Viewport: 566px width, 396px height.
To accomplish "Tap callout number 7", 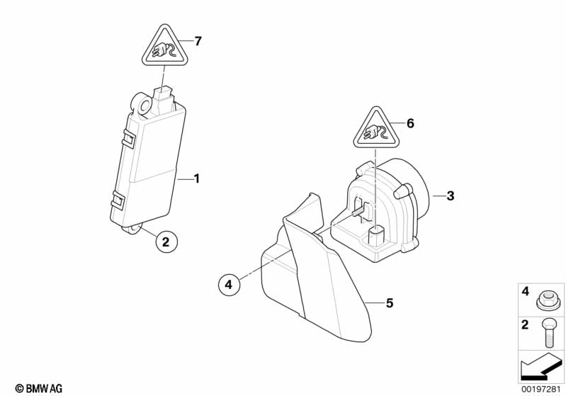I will pos(198,41).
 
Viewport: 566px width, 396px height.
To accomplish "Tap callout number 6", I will pos(409,123).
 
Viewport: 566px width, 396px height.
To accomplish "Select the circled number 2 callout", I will pos(166,242).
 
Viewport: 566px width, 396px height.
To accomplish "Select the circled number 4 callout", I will pos(228,285).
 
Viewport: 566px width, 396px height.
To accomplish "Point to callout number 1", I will pos(197,179).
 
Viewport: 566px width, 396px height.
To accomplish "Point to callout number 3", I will pos(450,196).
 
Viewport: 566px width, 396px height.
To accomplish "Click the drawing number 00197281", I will pos(543,387).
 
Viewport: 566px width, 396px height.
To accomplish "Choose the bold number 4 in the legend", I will pos(525,290).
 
